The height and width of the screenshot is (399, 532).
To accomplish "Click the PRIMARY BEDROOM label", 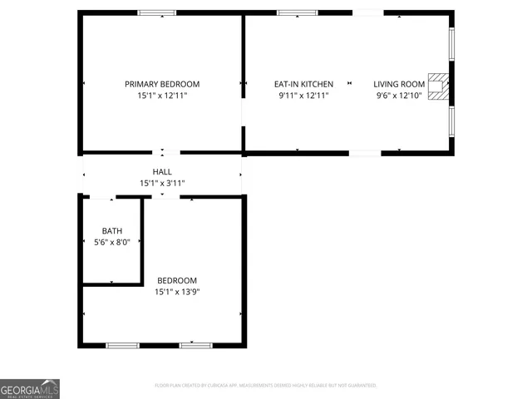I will coord(162,84).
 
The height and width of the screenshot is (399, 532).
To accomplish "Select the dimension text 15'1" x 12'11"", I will coord(162,96).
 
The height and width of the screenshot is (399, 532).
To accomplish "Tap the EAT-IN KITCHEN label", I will coord(303,84).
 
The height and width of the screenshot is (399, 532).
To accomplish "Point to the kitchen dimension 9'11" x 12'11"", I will coord(303,96).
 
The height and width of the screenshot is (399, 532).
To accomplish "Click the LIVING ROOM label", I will coord(399,84).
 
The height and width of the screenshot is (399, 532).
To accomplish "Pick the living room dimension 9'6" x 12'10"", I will coord(399,96).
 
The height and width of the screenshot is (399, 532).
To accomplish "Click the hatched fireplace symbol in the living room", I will coord(437,83).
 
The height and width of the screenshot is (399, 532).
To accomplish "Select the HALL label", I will coord(162,171).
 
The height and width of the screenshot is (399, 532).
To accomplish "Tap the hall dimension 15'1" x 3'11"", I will coord(162,183).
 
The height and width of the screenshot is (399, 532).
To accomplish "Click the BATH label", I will coord(111,231).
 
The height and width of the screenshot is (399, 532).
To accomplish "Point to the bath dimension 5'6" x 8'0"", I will coord(111,243).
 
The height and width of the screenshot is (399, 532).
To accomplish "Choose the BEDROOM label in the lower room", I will coord(177,280).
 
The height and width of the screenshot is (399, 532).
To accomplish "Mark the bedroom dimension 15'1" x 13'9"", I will coord(177,292).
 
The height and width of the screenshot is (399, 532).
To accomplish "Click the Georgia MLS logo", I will coord(30,389).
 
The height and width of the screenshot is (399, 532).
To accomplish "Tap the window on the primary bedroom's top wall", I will coord(156,12).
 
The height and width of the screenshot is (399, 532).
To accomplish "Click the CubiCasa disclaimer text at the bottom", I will coord(266,386).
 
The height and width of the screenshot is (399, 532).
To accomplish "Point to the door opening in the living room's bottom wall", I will coord(365,153).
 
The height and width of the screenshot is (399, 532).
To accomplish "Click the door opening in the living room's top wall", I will coord(368,12).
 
